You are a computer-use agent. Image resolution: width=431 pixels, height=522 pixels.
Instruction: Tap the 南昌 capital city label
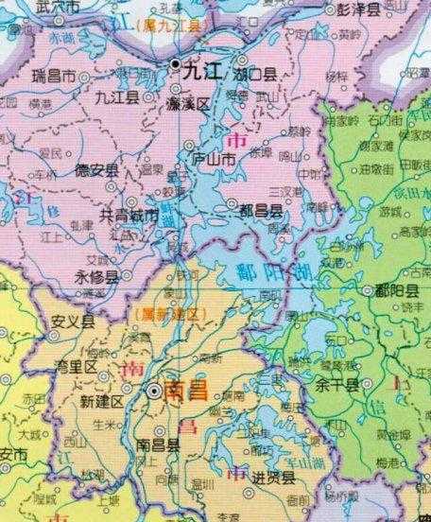185,391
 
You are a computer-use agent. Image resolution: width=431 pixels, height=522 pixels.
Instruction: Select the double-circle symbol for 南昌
154,390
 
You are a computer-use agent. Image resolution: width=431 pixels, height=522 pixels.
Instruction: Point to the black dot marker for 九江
176,64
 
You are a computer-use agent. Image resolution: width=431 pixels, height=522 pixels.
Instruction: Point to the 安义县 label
73,321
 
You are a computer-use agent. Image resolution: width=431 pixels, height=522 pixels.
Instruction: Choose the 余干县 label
337,385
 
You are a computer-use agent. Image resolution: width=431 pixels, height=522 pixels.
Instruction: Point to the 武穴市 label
33,8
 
